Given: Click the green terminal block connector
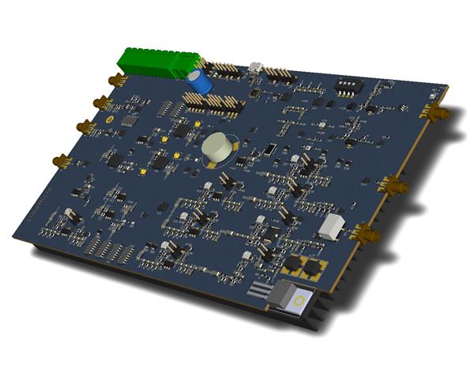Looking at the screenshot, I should pyautogui.click(x=157, y=62).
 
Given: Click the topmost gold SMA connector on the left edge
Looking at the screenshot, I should pyautogui.click(x=117, y=80).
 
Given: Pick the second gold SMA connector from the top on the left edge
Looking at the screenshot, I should pyautogui.click(x=101, y=102).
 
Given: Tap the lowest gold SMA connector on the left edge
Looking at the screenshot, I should pyautogui.click(x=62, y=161).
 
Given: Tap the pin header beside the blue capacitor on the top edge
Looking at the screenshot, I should pyautogui.click(x=227, y=70).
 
